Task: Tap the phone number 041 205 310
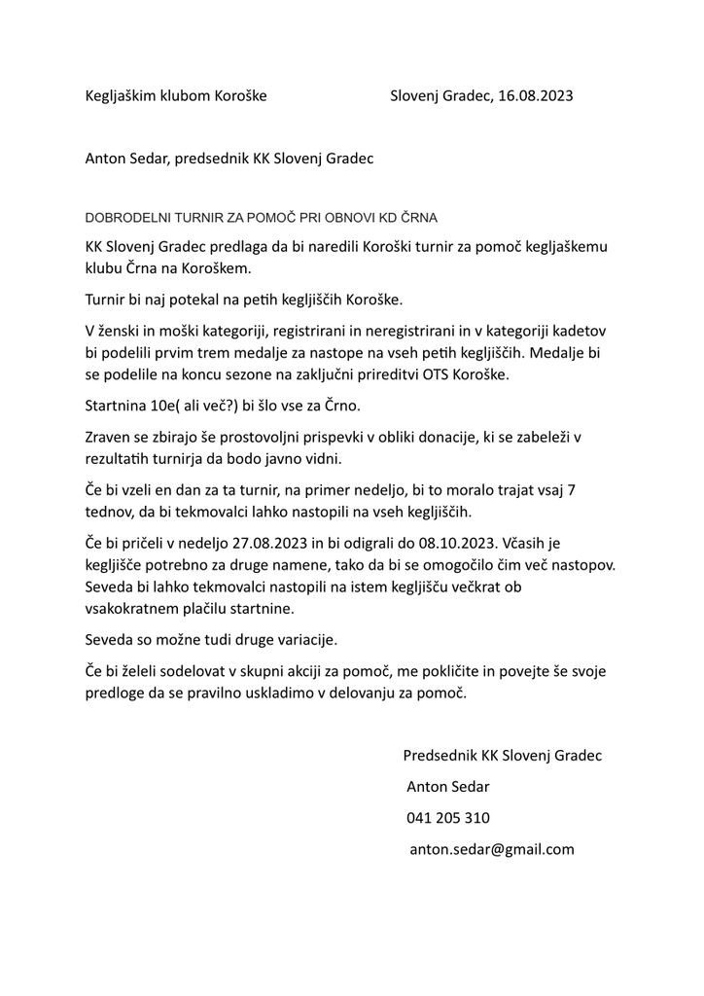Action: (x=448, y=817)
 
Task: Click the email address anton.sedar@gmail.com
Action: (x=492, y=849)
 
